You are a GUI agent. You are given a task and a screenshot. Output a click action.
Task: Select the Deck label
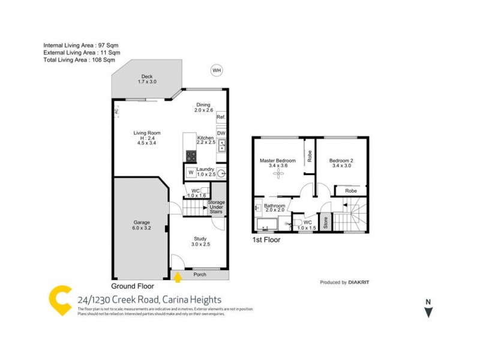click(x=147, y=79)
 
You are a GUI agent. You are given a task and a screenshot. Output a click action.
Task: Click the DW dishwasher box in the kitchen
click(x=221, y=133)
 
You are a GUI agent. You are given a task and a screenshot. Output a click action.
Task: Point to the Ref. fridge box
click(x=221, y=116)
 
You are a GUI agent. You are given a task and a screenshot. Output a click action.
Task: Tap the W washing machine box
click(x=191, y=173)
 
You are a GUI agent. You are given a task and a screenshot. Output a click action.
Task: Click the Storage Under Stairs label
click(x=216, y=206)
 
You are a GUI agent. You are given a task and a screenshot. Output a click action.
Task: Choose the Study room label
click(x=200, y=241)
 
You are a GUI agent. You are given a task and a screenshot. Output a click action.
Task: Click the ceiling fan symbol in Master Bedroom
click(x=277, y=173)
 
